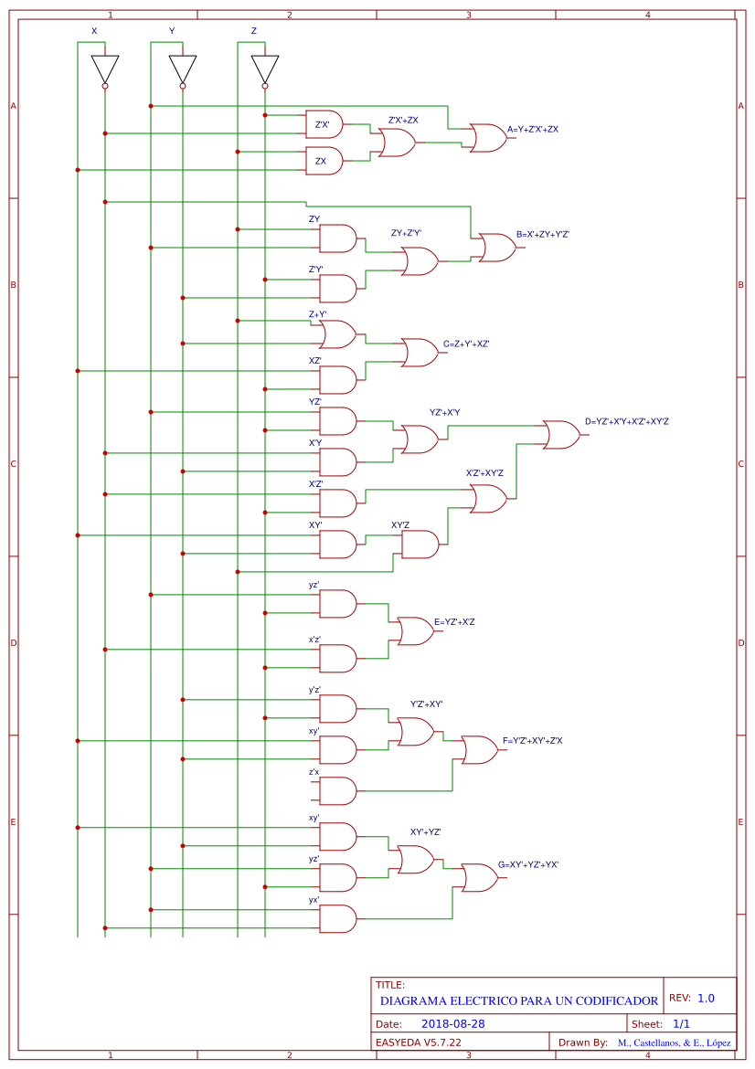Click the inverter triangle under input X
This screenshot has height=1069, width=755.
(105, 69)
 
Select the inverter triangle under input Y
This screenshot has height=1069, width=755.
(183, 69)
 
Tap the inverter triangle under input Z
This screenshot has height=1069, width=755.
(265, 69)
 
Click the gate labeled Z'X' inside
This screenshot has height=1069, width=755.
(324, 124)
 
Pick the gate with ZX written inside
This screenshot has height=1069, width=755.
(324, 161)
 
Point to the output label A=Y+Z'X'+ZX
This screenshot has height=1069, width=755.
(533, 130)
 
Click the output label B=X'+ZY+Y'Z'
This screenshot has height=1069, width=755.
(543, 235)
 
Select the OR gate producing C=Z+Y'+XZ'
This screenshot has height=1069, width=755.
(420, 353)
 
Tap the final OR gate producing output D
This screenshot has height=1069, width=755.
(560, 435)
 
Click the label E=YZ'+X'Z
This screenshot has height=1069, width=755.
(454, 622)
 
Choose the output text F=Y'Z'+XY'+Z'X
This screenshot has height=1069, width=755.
(533, 741)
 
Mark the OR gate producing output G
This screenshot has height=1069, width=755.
(479, 878)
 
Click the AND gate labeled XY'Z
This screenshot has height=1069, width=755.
(420, 545)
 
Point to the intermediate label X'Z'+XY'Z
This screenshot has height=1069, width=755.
(484, 473)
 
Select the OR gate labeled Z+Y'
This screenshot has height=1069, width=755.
(337, 334)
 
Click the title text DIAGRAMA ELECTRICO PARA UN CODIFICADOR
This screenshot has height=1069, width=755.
(518, 1001)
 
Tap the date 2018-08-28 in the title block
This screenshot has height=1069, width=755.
(453, 1024)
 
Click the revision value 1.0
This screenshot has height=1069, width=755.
(706, 999)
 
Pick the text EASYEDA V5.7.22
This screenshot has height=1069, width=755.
(419, 1043)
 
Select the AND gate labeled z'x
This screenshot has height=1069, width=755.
(337, 791)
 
